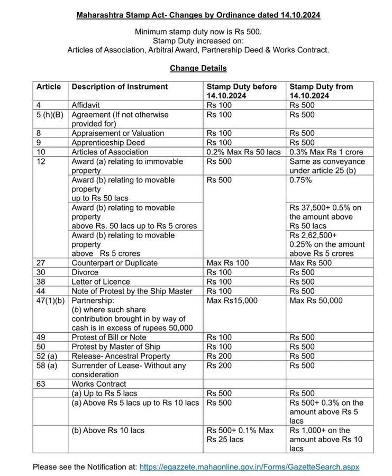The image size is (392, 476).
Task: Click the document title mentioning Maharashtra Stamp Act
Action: click(x=198, y=15)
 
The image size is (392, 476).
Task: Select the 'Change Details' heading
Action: click(x=198, y=68)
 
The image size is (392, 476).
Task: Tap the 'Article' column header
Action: click(x=49, y=87)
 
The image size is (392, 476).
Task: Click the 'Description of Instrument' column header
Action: click(x=120, y=87)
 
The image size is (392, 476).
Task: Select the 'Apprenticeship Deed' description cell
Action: click(x=108, y=143)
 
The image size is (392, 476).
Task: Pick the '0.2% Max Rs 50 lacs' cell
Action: click(x=243, y=152)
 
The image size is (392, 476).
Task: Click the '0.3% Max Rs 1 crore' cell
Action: click(x=326, y=152)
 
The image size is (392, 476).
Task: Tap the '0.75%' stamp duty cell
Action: click(x=300, y=180)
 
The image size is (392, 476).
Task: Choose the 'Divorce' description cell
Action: click(x=85, y=272)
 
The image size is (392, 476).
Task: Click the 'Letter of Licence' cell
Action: click(x=101, y=282)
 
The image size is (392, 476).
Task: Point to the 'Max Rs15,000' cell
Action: click(x=232, y=300)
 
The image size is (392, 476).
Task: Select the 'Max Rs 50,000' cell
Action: click(x=316, y=300)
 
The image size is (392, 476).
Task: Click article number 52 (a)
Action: click(x=47, y=356)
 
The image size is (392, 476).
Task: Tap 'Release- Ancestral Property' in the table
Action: click(x=121, y=356)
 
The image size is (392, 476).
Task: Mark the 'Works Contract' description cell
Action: click(x=99, y=384)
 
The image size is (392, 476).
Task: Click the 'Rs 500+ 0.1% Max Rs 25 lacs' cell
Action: click(x=240, y=435)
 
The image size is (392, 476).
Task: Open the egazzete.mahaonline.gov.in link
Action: click(x=249, y=467)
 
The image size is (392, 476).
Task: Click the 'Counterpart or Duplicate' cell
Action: click(x=114, y=263)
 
